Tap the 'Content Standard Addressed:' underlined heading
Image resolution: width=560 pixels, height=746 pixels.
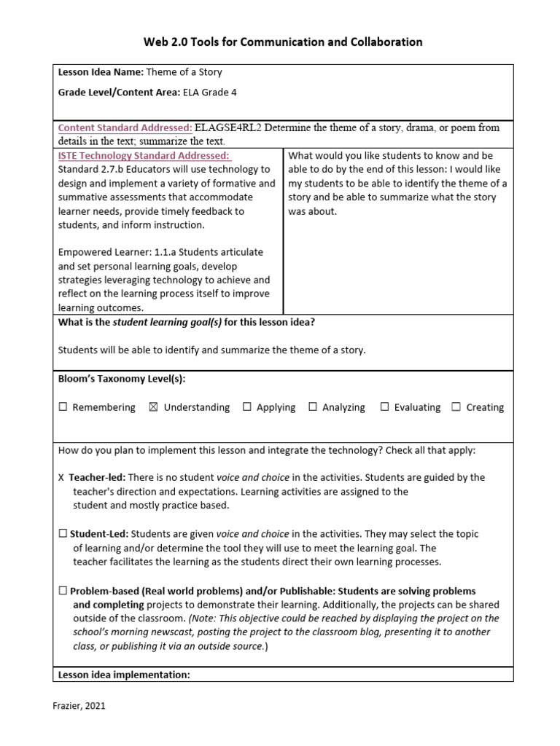[125, 128]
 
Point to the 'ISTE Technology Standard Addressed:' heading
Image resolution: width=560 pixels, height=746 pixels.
[144, 156]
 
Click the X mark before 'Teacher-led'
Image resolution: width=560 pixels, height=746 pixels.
[61, 478]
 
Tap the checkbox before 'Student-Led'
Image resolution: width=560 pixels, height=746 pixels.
[63, 534]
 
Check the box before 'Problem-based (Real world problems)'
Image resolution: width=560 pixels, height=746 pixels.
[63, 591]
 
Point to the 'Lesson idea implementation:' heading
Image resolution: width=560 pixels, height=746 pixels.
[124, 675]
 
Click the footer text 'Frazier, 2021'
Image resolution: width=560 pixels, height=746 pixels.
[80, 706]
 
